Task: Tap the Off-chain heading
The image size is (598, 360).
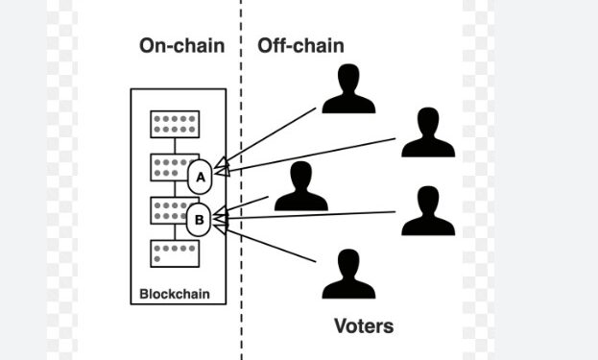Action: coord(300,46)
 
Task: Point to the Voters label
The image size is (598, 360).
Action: coord(364,325)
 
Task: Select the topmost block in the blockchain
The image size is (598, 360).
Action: coord(174,125)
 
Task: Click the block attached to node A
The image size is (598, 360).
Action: coord(169,166)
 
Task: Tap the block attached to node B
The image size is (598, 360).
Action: coord(169,209)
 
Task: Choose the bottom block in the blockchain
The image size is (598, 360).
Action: coord(174,252)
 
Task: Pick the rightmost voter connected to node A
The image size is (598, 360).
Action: coord(427,134)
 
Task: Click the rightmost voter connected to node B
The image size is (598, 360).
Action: coord(427,212)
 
